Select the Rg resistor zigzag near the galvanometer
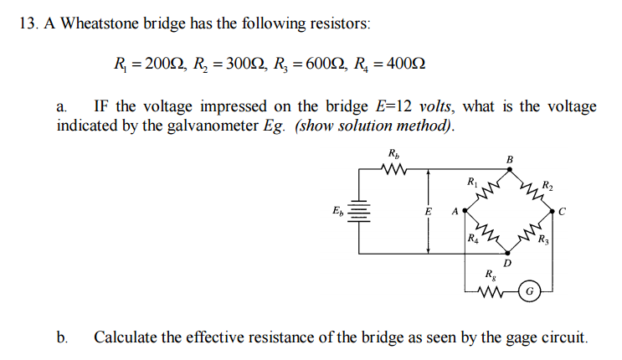pyautogui.click(x=493, y=292)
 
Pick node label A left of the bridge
pyautogui.click(x=455, y=211)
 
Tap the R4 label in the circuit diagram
pyautogui.click(x=473, y=242)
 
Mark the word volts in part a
pyautogui.click(x=435, y=106)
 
